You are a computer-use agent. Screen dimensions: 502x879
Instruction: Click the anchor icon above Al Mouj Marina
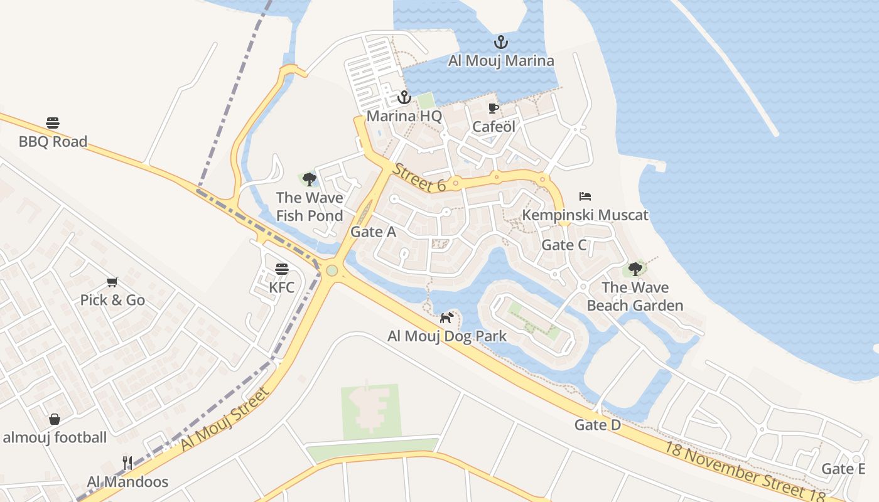[x=500, y=43]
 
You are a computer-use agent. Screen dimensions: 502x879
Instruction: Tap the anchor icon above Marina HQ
[x=404, y=97]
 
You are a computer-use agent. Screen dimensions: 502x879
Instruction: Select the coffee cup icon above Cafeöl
[x=493, y=108]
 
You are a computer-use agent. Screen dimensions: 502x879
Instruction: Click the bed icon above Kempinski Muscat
[x=585, y=196]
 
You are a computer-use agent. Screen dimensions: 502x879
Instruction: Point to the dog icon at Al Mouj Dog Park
[x=446, y=318]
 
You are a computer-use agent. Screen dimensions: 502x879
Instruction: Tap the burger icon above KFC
[x=281, y=269]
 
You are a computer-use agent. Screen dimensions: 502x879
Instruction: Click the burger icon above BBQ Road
[x=53, y=122]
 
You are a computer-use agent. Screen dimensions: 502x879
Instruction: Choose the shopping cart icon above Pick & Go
[x=112, y=282]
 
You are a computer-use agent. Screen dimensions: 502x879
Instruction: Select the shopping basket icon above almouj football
[x=55, y=419]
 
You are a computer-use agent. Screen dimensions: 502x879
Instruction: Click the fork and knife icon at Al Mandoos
[x=127, y=463]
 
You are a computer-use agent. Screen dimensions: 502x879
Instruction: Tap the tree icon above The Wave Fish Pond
[x=309, y=179]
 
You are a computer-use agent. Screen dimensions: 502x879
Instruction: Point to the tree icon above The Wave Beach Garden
[x=635, y=269]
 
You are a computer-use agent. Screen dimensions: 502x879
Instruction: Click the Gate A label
[x=373, y=232]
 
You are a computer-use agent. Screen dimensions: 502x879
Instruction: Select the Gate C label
[x=564, y=245]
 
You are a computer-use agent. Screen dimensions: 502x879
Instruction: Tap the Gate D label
[x=597, y=425]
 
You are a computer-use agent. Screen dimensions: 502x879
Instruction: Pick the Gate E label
[x=843, y=469]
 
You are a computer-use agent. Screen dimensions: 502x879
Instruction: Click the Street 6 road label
[x=419, y=178]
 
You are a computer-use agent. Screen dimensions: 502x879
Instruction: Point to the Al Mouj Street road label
[x=225, y=419]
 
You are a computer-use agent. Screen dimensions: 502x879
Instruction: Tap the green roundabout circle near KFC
[x=332, y=270]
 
